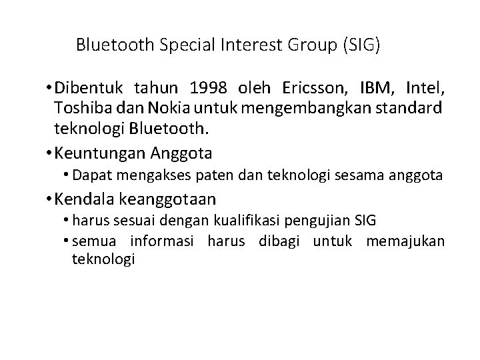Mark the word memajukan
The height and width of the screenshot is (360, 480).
point(405,241)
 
